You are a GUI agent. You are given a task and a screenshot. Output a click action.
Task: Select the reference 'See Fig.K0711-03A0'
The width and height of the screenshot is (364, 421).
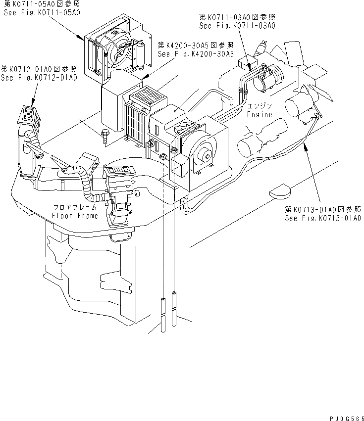236,25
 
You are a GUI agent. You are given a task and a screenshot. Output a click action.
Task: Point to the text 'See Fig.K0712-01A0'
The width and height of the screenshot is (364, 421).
39,78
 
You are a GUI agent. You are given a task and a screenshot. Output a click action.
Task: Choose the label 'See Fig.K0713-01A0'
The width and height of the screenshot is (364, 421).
322,218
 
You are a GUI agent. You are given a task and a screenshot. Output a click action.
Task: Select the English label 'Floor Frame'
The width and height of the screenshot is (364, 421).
75,216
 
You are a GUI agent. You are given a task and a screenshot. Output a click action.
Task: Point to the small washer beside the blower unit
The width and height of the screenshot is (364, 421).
162,157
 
